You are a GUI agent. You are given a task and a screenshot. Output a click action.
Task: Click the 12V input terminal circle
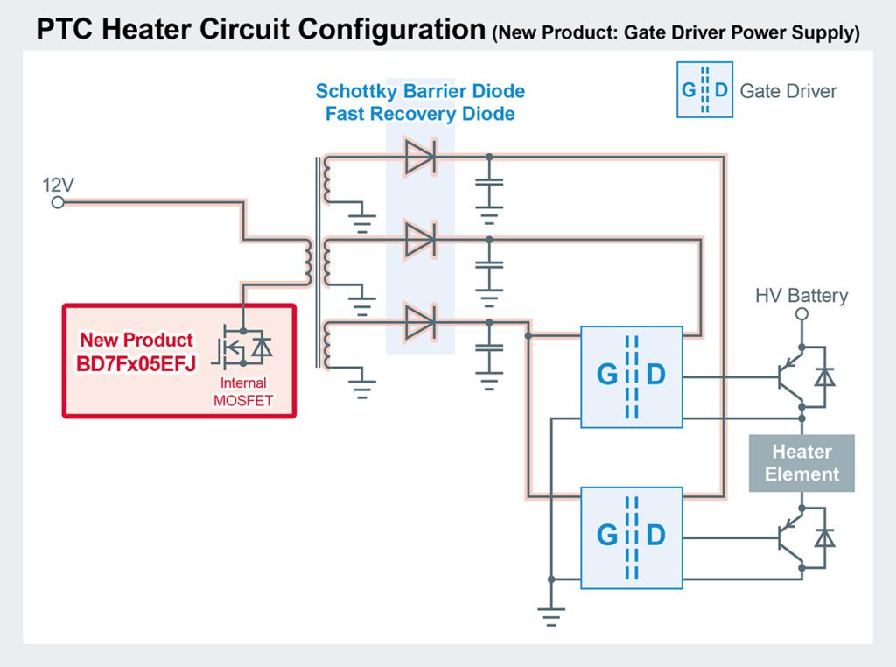coord(58,203)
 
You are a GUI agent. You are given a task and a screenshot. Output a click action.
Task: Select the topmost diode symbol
coord(420,158)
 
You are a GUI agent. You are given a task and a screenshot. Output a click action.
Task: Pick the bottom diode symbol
coord(420,322)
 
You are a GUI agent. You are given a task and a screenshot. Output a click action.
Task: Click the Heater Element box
coord(801,463)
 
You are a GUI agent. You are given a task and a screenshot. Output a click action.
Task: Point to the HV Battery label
coord(801,296)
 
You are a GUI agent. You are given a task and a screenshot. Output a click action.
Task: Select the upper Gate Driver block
coord(631,376)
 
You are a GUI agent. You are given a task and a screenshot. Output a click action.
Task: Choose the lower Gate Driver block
coord(631,534)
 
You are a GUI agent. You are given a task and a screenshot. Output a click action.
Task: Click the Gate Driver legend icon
coord(703,90)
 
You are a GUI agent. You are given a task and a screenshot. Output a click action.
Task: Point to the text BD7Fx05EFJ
coord(136,362)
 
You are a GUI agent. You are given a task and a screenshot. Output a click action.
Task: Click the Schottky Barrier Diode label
coord(420,91)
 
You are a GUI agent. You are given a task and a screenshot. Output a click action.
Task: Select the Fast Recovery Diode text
coord(420,114)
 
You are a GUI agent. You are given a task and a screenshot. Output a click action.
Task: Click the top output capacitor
coord(489,187)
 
